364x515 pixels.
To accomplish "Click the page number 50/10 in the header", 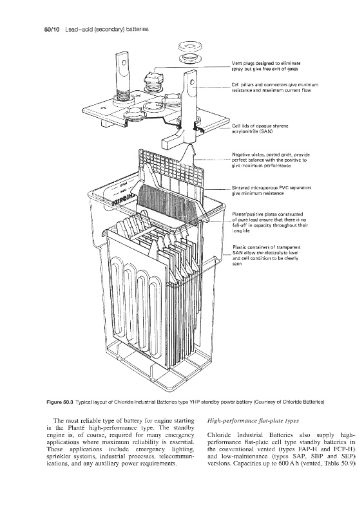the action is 52,29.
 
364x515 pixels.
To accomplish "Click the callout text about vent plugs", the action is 265,66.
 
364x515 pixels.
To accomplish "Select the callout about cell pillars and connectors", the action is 274,88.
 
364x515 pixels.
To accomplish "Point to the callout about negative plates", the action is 271,160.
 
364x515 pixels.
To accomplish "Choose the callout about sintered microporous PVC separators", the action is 271,191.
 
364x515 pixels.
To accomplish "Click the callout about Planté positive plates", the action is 270,222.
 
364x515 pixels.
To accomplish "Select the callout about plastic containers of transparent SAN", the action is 266,256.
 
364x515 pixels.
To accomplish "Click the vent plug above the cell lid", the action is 153,80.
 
